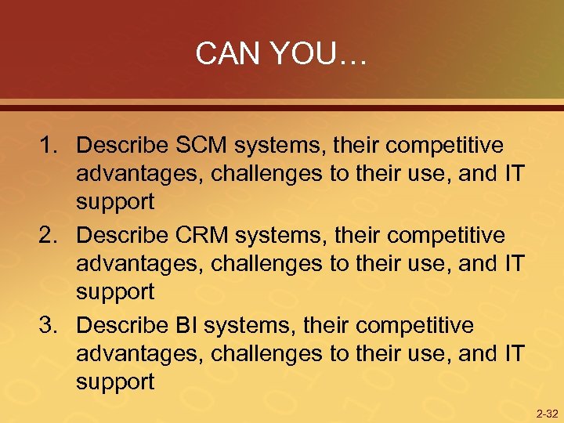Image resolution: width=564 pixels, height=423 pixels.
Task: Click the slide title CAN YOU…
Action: click(281, 53)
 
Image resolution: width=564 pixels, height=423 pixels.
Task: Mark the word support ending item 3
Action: click(115, 383)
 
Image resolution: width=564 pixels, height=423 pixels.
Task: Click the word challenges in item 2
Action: click(263, 264)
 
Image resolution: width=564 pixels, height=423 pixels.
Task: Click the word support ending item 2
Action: click(115, 293)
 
